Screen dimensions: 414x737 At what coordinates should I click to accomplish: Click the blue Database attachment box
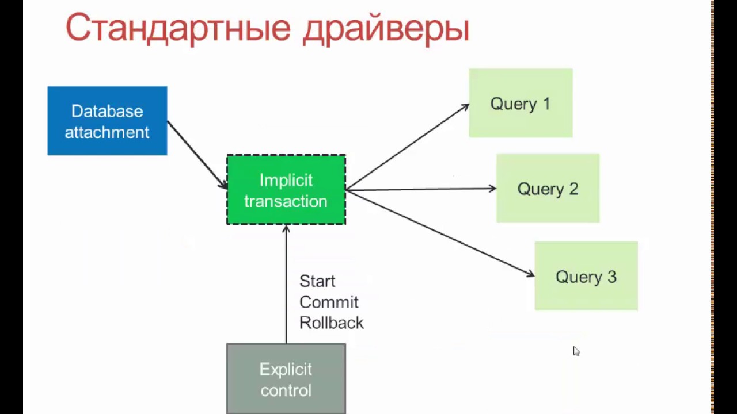pos(107,121)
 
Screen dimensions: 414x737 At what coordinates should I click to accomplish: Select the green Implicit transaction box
pos(286,190)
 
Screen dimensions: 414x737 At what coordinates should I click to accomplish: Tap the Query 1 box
pos(521,103)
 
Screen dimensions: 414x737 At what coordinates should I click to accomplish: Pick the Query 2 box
pos(548,189)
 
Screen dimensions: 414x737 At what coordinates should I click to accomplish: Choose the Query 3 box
pos(586,277)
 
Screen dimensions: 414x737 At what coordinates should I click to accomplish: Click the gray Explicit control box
pos(286,379)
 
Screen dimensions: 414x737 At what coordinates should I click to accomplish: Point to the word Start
pos(317,282)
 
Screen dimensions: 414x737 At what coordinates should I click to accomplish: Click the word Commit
pos(329,302)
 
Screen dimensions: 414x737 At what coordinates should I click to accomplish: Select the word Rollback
pos(332,323)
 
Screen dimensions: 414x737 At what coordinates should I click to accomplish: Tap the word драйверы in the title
pos(386,29)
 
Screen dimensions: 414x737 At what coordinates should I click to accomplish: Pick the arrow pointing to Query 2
pos(420,189)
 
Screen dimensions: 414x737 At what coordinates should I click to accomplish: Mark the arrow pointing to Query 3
pos(440,233)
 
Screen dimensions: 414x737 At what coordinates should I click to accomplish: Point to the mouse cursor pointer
pos(576,350)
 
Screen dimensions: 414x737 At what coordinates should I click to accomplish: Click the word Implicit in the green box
pos(286,181)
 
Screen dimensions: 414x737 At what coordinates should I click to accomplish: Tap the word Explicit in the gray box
pos(286,369)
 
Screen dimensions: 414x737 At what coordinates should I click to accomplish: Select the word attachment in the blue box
pos(107,132)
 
